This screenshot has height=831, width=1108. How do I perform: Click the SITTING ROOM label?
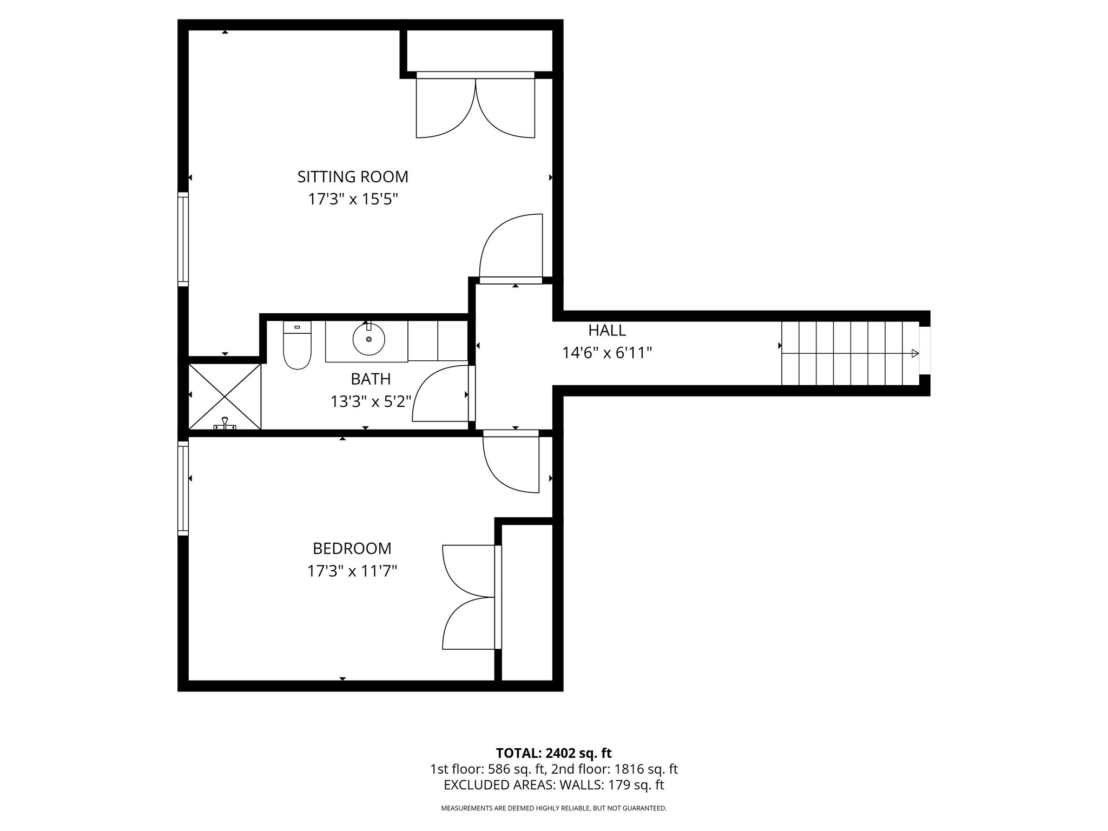[353, 177]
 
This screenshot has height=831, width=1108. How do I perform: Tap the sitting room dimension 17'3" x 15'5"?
[353, 200]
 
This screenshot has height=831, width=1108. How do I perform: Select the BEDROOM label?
[352, 549]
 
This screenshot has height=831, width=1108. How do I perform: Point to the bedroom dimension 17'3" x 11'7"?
[352, 571]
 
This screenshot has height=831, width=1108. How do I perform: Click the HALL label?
[607, 330]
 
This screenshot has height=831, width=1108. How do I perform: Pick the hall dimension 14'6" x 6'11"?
[607, 353]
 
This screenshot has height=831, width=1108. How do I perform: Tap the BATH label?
[371, 379]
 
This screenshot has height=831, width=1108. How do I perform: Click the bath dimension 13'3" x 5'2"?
[371, 401]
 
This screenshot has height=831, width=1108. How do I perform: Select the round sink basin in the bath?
[368, 339]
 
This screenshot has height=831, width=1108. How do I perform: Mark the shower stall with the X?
[225, 397]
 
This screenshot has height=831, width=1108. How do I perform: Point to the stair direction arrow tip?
[916, 354]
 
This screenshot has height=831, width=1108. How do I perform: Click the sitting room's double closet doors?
[475, 108]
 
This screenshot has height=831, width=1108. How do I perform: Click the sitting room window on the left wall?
[183, 239]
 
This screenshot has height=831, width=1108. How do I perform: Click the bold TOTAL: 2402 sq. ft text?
[553, 753]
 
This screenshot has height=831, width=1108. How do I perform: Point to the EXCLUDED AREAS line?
[553, 785]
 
